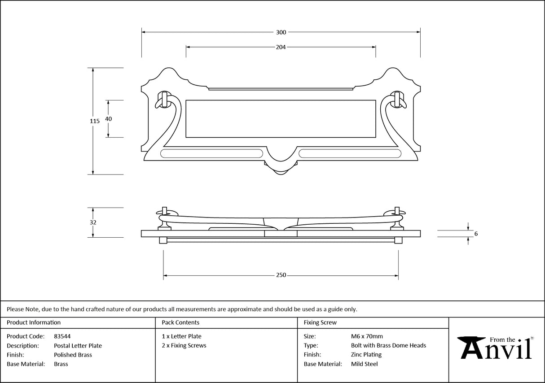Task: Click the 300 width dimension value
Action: click(281, 32)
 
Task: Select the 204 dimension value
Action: click(281, 47)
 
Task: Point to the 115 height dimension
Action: click(94, 121)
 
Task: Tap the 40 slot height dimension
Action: click(108, 119)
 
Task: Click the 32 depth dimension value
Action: click(93, 222)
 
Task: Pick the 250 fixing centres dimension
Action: click(281, 275)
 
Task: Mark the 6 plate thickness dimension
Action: click(475, 234)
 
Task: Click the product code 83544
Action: click(62, 336)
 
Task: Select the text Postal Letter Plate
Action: click(78, 346)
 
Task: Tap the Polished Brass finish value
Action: click(73, 355)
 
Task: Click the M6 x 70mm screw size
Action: click(367, 336)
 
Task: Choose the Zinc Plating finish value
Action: click(366, 355)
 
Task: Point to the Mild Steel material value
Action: click(364, 364)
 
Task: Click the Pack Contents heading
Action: click(180, 322)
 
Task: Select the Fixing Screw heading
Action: click(320, 322)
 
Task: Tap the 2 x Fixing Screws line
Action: click(184, 345)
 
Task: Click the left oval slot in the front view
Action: click(211, 154)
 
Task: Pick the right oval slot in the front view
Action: click(350, 154)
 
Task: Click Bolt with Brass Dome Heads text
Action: click(388, 345)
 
